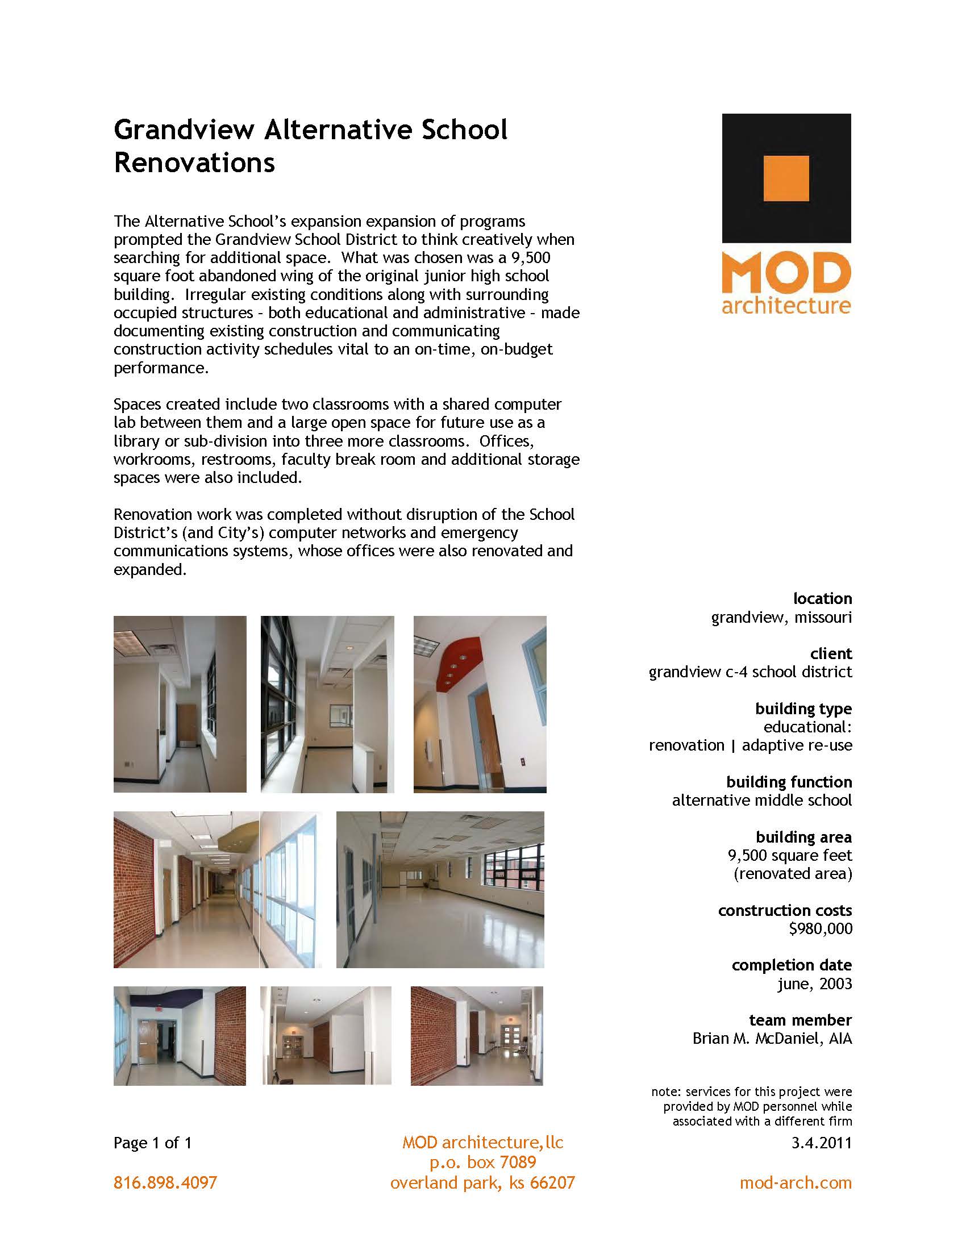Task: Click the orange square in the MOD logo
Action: [x=786, y=178]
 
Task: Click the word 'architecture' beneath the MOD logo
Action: [x=786, y=305]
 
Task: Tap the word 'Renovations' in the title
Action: [x=194, y=163]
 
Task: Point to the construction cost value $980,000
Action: [x=820, y=928]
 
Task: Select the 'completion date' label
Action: [x=792, y=965]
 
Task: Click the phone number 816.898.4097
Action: [x=165, y=1182]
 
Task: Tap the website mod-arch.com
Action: [x=796, y=1182]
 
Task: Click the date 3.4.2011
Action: [x=821, y=1143]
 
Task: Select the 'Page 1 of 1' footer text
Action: [x=153, y=1143]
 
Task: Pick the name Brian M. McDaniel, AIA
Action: [x=772, y=1038]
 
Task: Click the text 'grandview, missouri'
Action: [x=781, y=617]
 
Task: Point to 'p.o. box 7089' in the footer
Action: [x=482, y=1162]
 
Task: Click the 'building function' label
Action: [x=789, y=782]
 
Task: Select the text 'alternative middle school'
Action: [x=761, y=800]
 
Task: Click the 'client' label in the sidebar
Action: [x=831, y=653]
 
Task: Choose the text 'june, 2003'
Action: [x=814, y=984]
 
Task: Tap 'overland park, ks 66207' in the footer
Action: [x=482, y=1182]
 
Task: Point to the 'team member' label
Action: [x=800, y=1020]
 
